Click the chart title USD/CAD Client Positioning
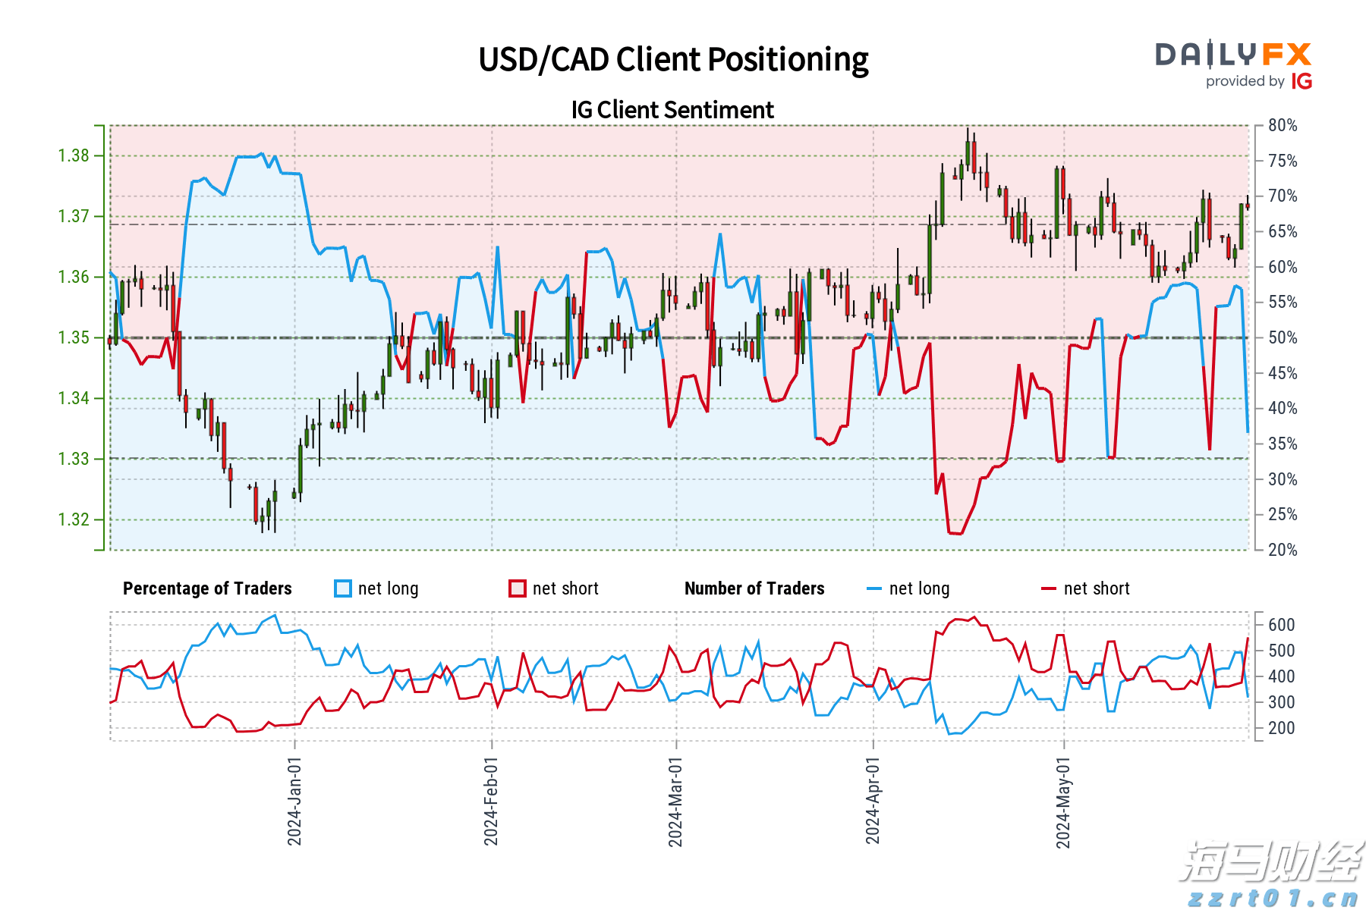pos(673,60)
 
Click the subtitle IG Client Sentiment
pos(672,110)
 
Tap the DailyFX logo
pos(1233,55)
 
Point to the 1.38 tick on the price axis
pos(74,156)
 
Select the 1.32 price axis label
pos(74,520)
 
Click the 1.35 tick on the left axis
pos(74,338)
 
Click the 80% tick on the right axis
pos(1283,126)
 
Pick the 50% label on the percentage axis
pos(1283,338)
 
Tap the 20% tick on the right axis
pos(1283,550)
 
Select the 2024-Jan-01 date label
pos(294,801)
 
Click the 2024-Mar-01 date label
pos(675,802)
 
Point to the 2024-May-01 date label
pos(1063,802)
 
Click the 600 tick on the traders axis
pos(1281,625)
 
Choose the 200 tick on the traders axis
pos(1281,728)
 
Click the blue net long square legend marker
pos(343,588)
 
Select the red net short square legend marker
pos(518,588)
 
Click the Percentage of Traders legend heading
pos(207,588)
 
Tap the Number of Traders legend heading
pos(754,588)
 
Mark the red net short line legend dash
pos(1049,588)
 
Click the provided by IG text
pos(1258,81)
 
